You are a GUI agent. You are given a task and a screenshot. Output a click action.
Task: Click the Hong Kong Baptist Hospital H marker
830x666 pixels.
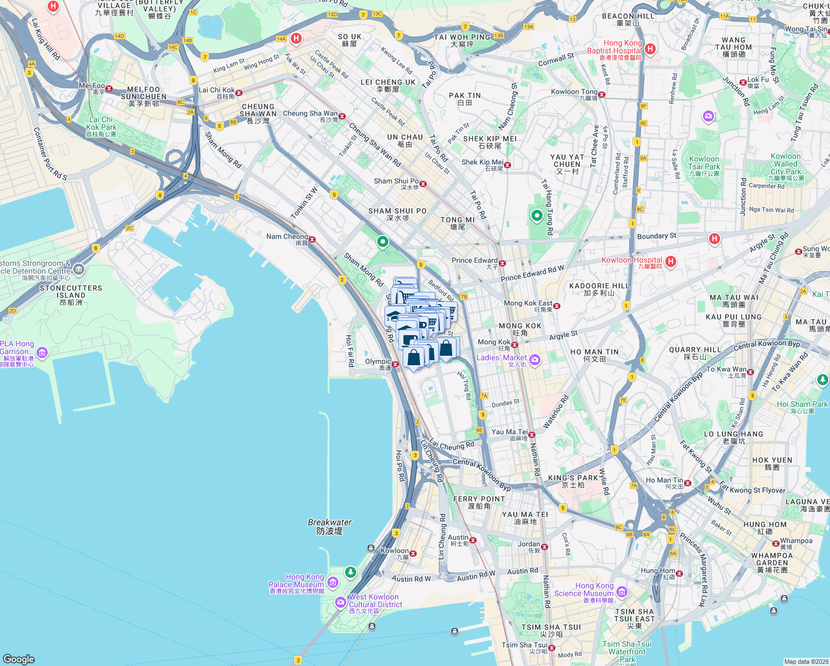click(650, 49)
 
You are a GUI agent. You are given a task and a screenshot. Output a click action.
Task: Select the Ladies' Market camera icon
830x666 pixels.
click(535, 360)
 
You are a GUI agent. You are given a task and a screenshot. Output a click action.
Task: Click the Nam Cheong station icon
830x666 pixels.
click(312, 240)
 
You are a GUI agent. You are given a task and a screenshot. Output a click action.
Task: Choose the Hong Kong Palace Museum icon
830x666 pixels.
click(333, 582)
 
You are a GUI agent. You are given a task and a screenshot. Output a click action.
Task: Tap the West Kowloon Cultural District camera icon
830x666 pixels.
click(341, 602)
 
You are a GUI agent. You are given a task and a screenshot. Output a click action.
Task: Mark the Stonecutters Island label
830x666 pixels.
click(71, 291)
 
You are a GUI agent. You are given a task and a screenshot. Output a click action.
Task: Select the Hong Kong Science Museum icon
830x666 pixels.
click(622, 592)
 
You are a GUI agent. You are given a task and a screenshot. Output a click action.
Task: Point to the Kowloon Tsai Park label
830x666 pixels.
click(704, 163)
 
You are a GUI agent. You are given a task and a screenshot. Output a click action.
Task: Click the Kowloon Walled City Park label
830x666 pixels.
click(786, 164)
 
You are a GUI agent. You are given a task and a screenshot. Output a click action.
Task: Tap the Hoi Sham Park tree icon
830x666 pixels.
click(823, 380)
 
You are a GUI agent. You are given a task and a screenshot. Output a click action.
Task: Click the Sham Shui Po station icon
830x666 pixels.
click(423, 184)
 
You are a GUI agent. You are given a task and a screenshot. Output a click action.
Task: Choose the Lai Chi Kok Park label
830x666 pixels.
click(101, 123)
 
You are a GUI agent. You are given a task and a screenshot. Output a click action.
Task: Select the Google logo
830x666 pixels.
click(19, 659)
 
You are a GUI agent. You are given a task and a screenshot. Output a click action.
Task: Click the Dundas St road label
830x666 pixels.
click(505, 403)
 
